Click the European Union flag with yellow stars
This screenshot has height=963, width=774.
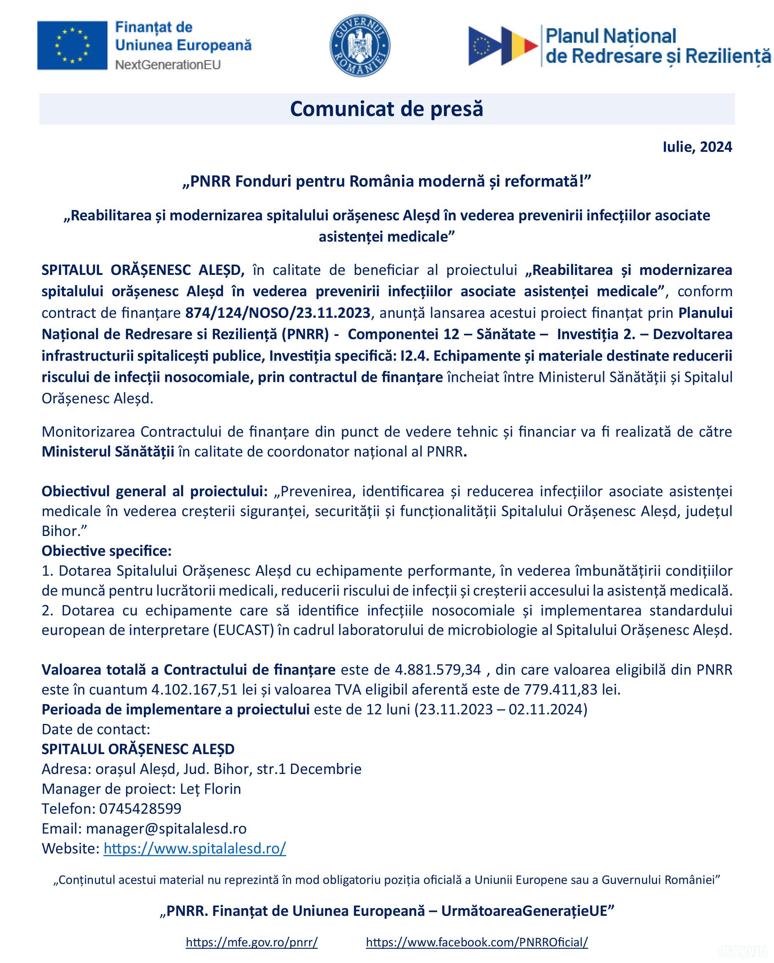coord(72,45)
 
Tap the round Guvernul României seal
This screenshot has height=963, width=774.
coord(360,45)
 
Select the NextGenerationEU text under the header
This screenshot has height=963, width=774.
coord(168,65)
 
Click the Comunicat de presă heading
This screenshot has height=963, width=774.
coord(386,109)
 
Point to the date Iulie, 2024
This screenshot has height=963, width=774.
coord(697,147)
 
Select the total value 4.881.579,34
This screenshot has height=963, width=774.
coord(438,670)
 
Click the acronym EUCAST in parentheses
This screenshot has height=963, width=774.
coord(243,630)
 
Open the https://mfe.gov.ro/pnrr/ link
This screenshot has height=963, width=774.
coord(252,942)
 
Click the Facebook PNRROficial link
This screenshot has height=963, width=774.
coord(477,942)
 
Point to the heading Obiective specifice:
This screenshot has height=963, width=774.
coord(107,551)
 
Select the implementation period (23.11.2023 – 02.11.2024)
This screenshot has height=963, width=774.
coord(501,710)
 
